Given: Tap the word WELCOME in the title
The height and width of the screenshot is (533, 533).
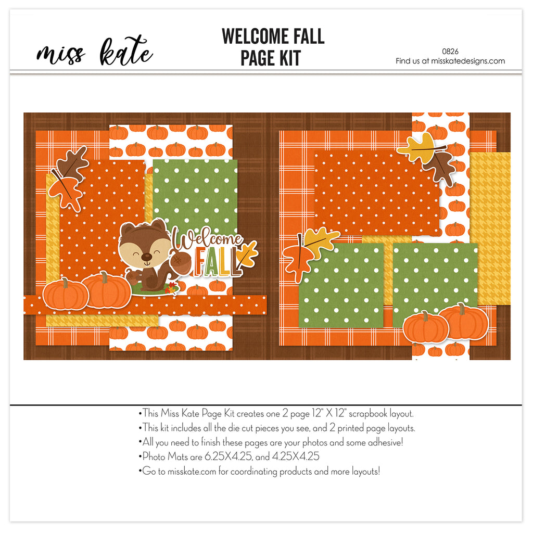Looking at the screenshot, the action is coord(254,36).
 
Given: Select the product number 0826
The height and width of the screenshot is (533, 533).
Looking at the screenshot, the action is coord(450,52).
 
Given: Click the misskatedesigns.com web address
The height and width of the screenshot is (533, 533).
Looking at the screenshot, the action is coord(468,61).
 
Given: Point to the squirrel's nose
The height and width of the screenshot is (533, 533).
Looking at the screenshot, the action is coord(146,256).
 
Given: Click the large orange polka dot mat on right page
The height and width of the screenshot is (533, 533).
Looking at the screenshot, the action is coord(377,193).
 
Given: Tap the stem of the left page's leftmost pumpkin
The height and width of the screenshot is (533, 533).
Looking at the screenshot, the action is coord(65,283).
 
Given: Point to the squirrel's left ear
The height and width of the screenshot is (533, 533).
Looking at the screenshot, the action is coord(128,229).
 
